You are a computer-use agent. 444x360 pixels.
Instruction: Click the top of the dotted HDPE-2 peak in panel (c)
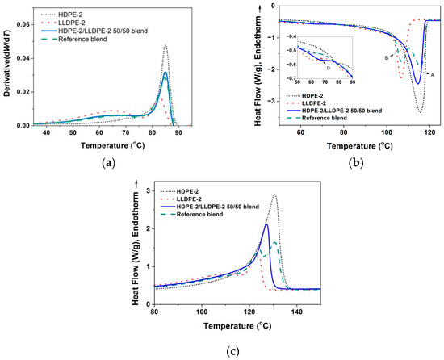click(274, 195)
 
